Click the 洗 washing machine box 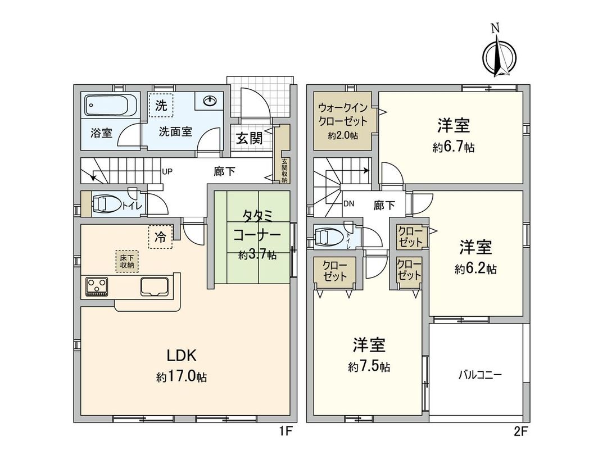[x=161, y=105]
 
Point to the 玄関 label [x=249, y=139]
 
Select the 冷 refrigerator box [x=161, y=237]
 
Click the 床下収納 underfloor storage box [x=126, y=261]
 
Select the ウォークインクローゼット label [x=342, y=114]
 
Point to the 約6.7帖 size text [x=453, y=148]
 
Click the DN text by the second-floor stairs [x=348, y=204]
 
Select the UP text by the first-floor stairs [x=167, y=171]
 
